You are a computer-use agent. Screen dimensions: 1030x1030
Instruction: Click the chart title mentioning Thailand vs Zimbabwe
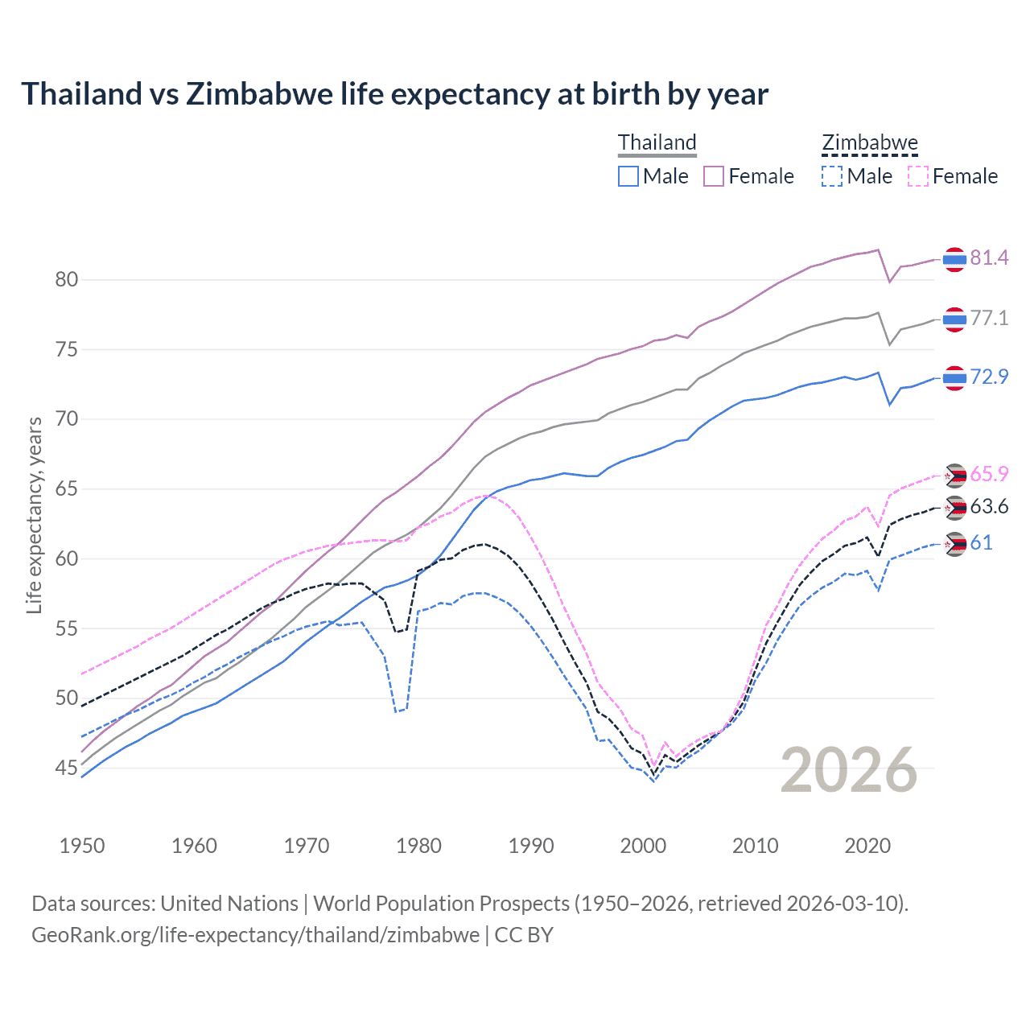pos(394,94)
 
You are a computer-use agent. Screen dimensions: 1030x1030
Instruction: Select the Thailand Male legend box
pos(628,176)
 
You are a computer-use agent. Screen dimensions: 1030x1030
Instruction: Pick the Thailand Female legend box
pos(714,176)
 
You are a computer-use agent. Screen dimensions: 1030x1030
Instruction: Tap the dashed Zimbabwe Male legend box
pos(832,176)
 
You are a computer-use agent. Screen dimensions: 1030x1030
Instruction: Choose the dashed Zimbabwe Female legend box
pos(917,176)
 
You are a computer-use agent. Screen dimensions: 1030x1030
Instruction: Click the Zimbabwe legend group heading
pos(869,143)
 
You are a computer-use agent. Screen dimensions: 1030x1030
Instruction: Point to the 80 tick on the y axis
pos(67,280)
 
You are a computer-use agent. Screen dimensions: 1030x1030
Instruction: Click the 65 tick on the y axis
pos(67,489)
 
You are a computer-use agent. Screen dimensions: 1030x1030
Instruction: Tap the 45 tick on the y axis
pos(67,768)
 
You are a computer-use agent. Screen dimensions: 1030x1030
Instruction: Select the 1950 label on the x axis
pos(82,846)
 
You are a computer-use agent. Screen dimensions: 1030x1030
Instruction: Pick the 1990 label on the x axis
pos(531,846)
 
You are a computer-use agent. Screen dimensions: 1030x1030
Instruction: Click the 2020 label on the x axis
pos(867,846)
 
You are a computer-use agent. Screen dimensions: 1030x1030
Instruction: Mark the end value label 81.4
pos(989,258)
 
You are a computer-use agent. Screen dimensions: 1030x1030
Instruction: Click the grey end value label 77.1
pos(989,319)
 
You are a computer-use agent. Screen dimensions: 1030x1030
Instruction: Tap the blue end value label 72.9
pos(989,377)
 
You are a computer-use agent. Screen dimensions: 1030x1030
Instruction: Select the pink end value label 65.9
pos(989,475)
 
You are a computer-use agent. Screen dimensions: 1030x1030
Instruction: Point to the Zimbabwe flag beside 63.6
pos(954,508)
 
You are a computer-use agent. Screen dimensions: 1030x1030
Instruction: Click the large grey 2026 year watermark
pos(849,770)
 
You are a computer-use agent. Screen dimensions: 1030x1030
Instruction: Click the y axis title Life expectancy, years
pos(35,515)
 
